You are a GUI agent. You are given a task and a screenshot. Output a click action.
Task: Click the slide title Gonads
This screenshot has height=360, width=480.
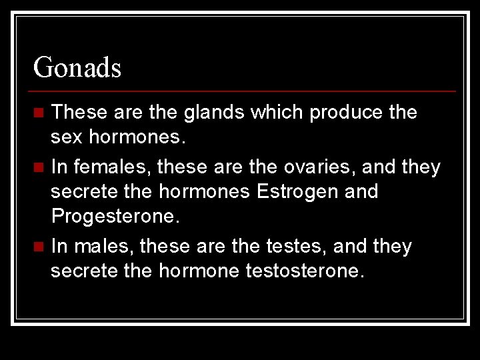[77, 67]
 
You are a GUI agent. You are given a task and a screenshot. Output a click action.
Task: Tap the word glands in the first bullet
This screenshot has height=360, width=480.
[213, 112]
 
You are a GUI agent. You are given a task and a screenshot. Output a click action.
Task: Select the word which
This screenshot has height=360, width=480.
[278, 112]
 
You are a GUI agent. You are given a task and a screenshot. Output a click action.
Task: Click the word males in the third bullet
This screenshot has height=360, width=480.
[101, 246]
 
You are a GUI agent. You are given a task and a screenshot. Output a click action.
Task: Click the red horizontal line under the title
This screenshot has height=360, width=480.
[244, 91]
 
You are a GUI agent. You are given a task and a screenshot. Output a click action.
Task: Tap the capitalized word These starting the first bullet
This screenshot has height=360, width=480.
[79, 112]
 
